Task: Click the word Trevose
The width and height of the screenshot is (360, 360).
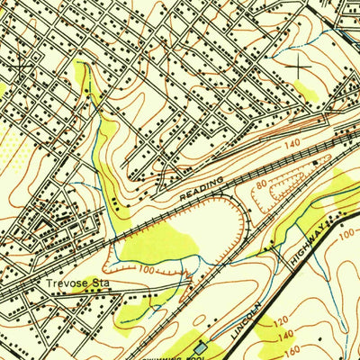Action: coord(64,283)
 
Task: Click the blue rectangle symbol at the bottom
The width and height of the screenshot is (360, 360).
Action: coord(200,348)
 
